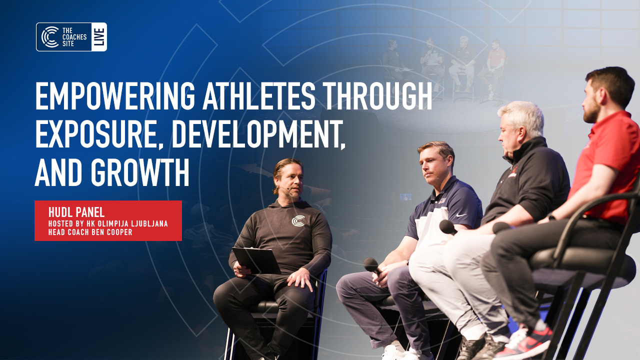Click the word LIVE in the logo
pyautogui.click(x=99, y=37)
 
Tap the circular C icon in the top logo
pyautogui.click(x=50, y=37)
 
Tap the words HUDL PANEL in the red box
pyautogui.click(x=76, y=212)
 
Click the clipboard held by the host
pyautogui.click(x=256, y=260)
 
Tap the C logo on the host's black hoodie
pyautogui.click(x=298, y=220)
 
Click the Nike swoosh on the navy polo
pyautogui.click(x=461, y=214)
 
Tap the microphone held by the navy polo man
pyautogui.click(x=372, y=265)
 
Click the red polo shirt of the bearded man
pyautogui.click(x=607, y=160)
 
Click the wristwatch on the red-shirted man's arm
pyautogui.click(x=551, y=217)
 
